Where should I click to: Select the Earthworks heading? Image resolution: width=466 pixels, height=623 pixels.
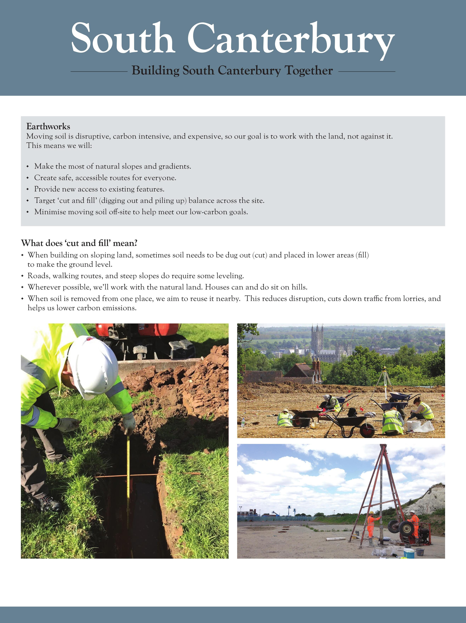(x=48, y=126)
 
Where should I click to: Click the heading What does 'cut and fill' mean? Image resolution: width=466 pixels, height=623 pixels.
(x=79, y=243)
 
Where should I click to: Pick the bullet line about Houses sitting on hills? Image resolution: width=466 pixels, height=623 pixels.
(x=167, y=287)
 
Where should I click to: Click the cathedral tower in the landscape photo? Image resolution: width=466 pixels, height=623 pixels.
(x=317, y=338)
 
